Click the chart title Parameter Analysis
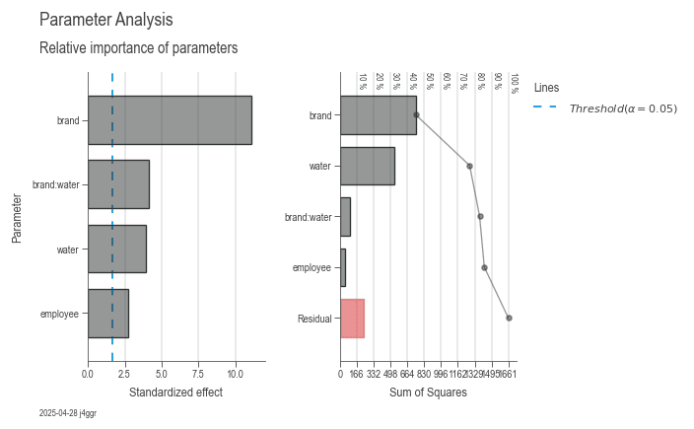click(105, 20)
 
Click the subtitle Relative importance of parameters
click(138, 48)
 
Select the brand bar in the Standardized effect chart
click(170, 120)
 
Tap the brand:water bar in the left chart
click(118, 184)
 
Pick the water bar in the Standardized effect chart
click(116, 249)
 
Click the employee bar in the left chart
click(107, 314)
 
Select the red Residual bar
click(352, 319)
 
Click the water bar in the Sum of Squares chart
click(368, 166)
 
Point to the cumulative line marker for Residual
click(509, 318)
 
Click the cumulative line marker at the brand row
click(416, 114)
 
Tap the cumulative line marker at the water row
click(469, 166)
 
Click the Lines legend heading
click(546, 87)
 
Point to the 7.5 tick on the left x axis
click(198, 374)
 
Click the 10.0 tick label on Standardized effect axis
click(236, 374)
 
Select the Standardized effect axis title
click(175, 393)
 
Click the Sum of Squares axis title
click(428, 393)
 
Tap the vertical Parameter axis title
click(17, 217)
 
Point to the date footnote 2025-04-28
click(67, 413)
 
